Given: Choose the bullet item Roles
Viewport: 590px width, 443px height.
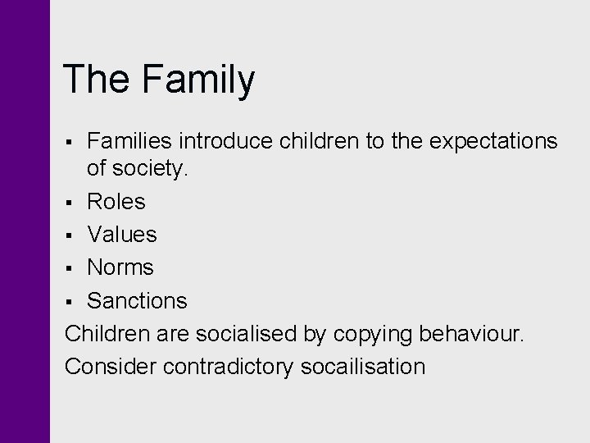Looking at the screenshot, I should (116, 202).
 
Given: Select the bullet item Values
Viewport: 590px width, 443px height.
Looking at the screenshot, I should (122, 235).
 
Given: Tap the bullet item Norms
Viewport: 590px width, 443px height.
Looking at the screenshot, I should (120, 267).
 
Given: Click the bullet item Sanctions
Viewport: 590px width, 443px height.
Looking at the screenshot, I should (137, 301).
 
